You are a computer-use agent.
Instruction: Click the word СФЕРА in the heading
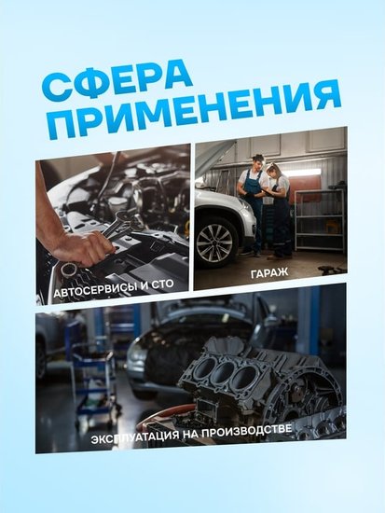[117, 80]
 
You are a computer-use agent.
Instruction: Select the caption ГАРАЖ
[269, 272]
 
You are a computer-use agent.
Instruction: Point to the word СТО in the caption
[162, 284]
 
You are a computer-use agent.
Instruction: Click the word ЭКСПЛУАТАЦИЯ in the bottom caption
[135, 437]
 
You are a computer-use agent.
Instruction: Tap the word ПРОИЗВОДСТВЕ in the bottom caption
[247, 431]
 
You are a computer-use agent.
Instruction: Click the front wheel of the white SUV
[215, 243]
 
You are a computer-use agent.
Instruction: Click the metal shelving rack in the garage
[320, 220]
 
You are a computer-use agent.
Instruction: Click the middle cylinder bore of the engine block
[225, 370]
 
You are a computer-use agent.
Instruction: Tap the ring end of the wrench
[69, 270]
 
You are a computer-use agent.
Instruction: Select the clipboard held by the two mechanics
[268, 192]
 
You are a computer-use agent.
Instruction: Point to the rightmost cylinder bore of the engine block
[245, 377]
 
